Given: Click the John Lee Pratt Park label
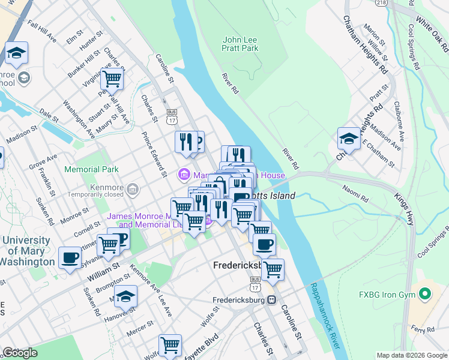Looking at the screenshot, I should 240,44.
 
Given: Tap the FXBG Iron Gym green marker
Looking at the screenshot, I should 426,295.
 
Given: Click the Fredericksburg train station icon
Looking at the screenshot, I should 272,299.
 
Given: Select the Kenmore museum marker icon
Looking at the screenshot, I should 132,190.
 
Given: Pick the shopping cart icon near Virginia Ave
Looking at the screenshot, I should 112,78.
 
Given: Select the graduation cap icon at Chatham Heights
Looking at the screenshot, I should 349,139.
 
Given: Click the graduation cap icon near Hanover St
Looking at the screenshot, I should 126,297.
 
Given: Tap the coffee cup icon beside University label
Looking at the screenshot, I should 70,258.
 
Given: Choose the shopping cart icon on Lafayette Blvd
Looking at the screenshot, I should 170,346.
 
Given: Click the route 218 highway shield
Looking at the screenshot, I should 381,3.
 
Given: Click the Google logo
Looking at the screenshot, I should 20,352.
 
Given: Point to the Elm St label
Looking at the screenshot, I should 75,36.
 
